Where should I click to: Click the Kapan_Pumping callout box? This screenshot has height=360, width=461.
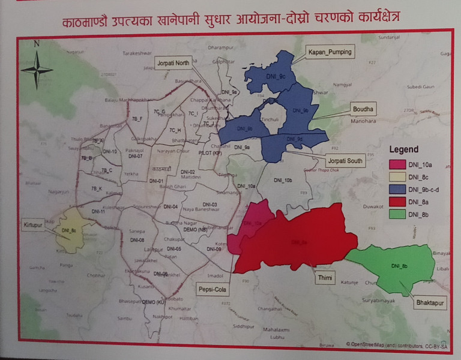click(x=330, y=52)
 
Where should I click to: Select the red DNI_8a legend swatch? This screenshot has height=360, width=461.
click(x=397, y=202)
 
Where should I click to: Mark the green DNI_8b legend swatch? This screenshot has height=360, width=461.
click(x=397, y=214)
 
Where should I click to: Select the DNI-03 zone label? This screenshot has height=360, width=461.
click(x=209, y=205)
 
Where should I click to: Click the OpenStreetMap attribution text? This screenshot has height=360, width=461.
click(x=396, y=344)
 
